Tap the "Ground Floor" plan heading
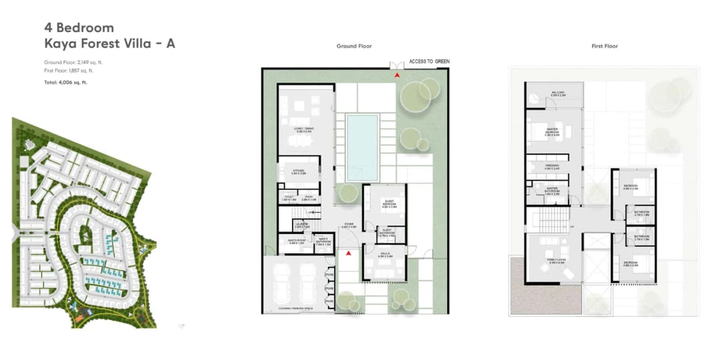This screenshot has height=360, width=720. (354, 46)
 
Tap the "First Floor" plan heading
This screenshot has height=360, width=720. (605, 46)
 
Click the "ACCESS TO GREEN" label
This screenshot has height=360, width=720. (429, 61)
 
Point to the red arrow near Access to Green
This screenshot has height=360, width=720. (398, 75)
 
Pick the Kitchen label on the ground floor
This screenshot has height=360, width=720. (298, 171)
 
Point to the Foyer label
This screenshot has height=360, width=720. (349, 225)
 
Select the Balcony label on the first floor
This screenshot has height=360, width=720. (558, 93)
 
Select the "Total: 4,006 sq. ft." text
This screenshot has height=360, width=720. (65, 83)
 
